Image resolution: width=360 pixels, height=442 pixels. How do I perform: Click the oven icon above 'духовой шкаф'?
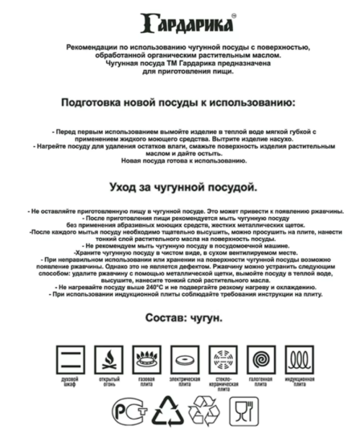[x=70, y=358]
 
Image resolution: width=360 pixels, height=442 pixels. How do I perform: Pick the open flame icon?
[x=109, y=358]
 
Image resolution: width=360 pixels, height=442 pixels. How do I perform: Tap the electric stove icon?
[x=184, y=358]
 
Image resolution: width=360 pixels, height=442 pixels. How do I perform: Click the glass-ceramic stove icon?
[x=223, y=358]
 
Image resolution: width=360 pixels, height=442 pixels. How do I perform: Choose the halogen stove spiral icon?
[x=260, y=358]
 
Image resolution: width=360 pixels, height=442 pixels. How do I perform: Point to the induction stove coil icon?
[x=299, y=358]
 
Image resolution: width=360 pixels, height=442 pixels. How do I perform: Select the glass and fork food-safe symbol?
[x=240, y=410]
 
